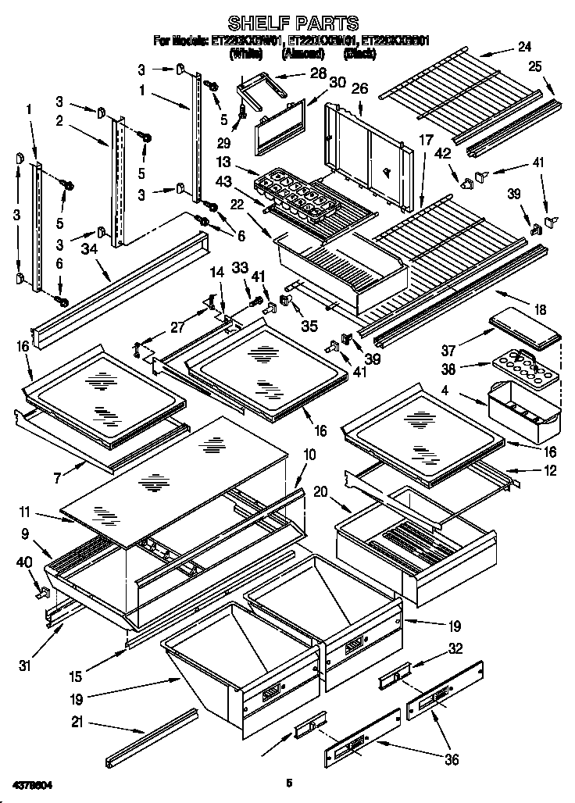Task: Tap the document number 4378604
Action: [x=34, y=782]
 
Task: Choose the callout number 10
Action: [x=309, y=454]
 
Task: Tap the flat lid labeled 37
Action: [x=525, y=327]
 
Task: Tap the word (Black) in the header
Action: [x=359, y=55]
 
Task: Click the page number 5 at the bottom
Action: [x=288, y=782]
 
